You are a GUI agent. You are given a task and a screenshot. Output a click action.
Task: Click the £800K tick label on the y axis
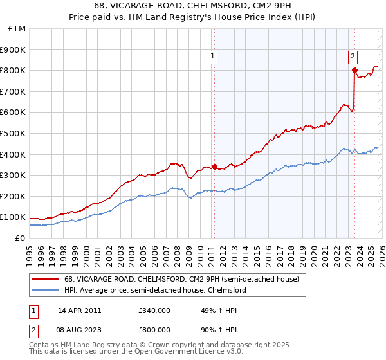pyautogui.click(x=14, y=70)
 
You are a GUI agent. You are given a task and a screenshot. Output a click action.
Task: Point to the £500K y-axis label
pyautogui.click(x=14, y=133)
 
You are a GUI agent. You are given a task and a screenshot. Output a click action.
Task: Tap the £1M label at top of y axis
pyautogui.click(x=17, y=28)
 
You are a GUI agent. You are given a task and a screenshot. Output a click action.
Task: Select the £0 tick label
pyautogui.click(x=21, y=238)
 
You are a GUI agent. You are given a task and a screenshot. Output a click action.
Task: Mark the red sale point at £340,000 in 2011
pyautogui.click(x=214, y=166)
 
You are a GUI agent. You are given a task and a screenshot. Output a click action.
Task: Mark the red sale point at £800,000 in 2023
pyautogui.click(x=354, y=70)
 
